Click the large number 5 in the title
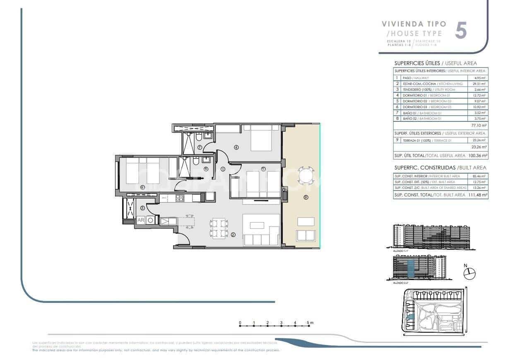[x=461, y=31]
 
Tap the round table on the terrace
[x=306, y=175]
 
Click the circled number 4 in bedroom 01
[x=236, y=147]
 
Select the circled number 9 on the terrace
[x=306, y=198]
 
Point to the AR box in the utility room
[x=140, y=220]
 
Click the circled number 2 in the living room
[x=233, y=235]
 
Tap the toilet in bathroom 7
[x=199, y=137]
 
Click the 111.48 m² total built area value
[x=478, y=195]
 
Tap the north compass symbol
[x=469, y=273]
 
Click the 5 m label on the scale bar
[x=310, y=322]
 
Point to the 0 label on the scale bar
[x=240, y=322]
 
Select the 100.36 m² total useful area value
[x=478, y=156]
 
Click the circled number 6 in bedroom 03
[x=142, y=187]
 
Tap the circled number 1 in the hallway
[x=222, y=169]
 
